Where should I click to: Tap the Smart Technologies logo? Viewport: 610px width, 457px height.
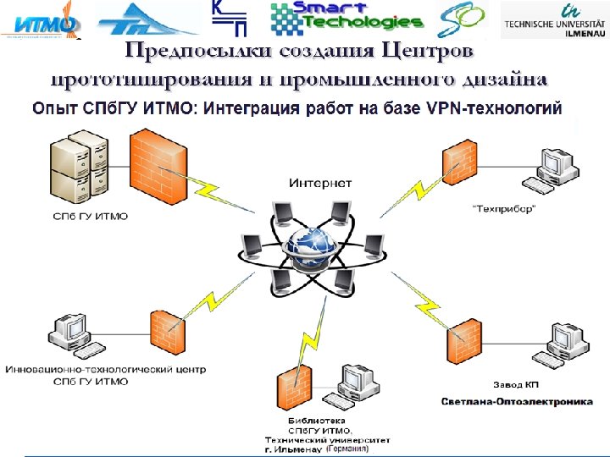point(345,18)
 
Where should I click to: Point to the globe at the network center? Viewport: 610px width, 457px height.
point(307,245)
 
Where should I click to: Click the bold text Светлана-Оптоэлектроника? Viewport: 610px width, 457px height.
point(517,401)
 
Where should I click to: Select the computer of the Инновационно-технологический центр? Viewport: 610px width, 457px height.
point(73,335)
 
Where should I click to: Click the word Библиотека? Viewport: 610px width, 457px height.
point(316,420)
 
